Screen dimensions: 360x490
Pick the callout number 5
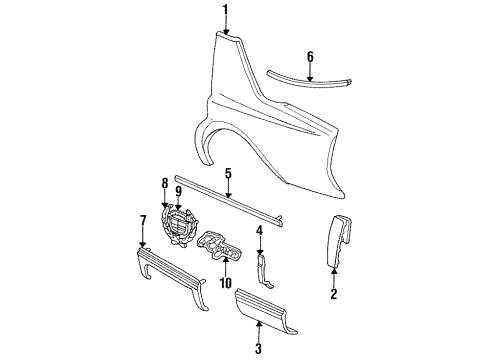pos(229,173)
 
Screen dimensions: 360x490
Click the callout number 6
pos(310,57)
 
